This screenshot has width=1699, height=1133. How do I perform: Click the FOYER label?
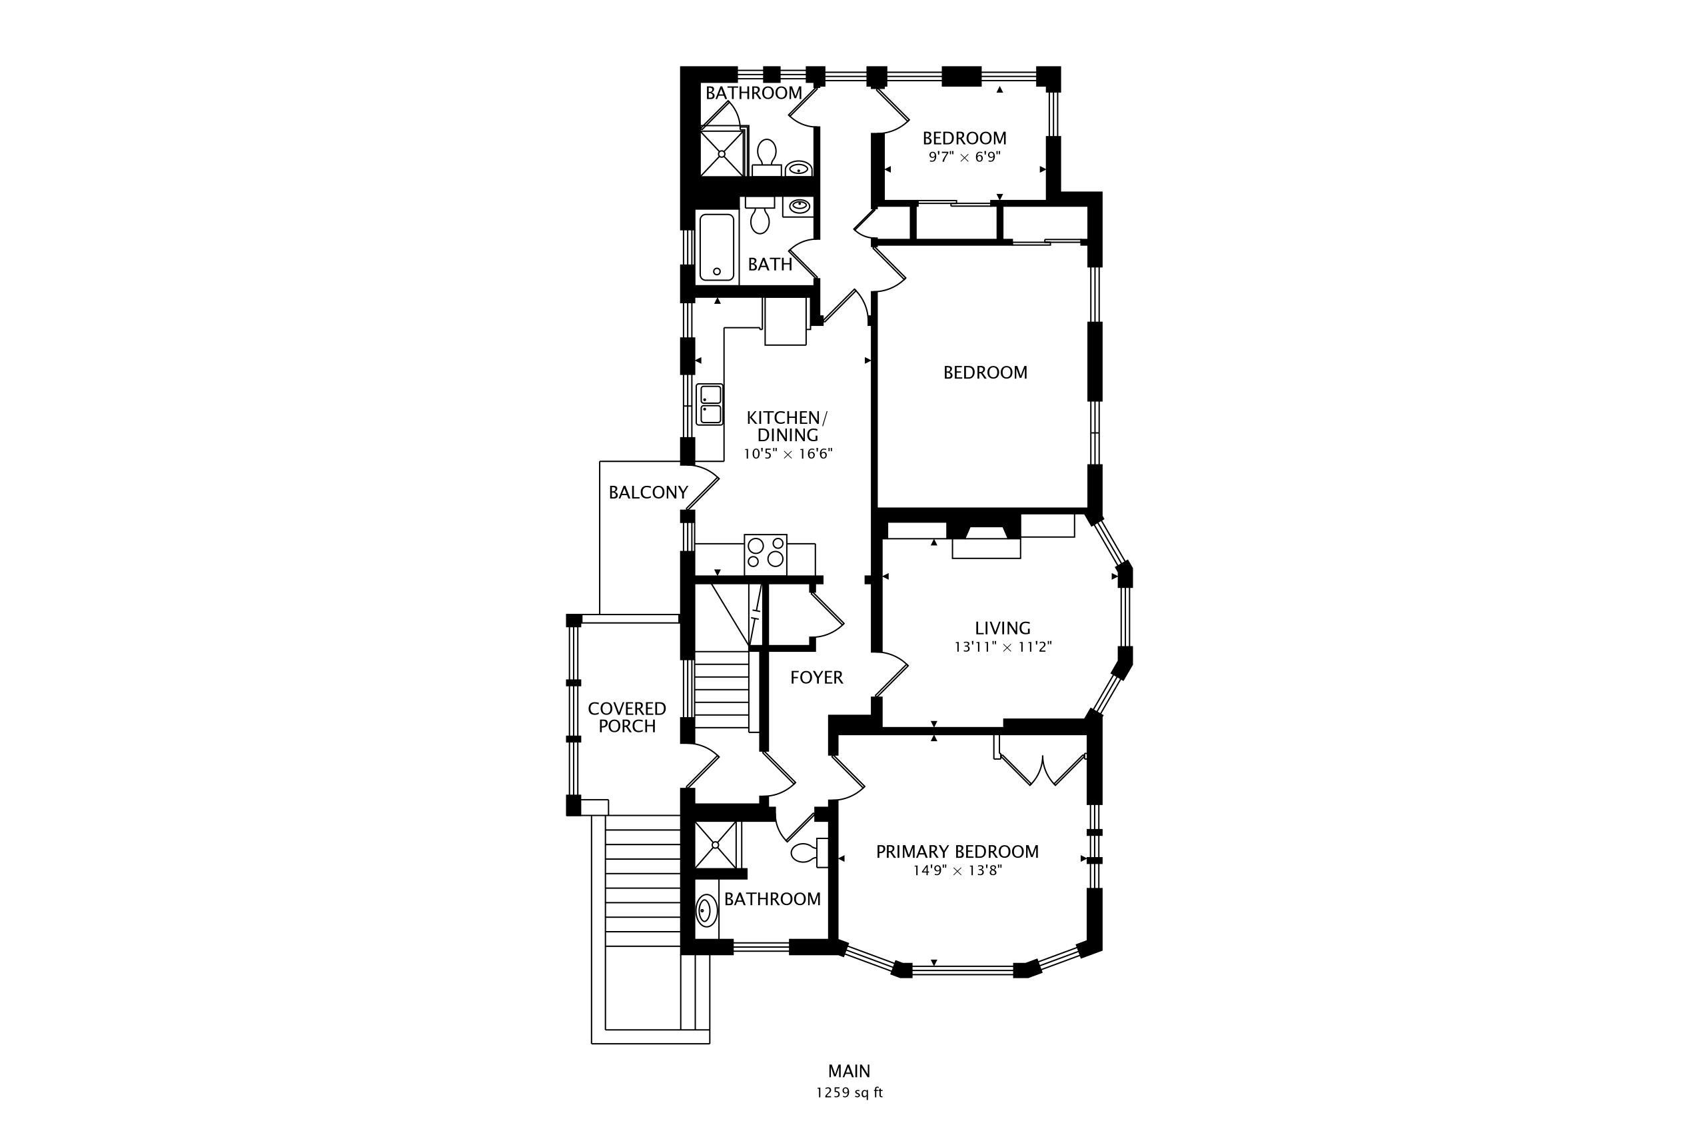[816, 677]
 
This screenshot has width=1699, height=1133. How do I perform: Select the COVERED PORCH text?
[626, 717]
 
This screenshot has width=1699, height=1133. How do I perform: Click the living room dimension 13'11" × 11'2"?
[1002, 646]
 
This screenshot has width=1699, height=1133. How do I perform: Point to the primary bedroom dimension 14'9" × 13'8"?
[957, 870]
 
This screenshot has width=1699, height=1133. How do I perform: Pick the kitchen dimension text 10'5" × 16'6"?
[788, 454]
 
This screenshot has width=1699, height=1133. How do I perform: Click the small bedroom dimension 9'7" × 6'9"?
[963, 156]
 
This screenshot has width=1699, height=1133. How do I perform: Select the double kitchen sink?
[710, 405]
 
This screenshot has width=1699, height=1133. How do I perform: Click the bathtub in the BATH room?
[717, 247]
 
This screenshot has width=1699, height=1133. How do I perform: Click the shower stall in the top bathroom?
[722, 152]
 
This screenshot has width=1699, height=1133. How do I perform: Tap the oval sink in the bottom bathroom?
[706, 910]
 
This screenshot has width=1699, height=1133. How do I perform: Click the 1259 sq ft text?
[849, 1092]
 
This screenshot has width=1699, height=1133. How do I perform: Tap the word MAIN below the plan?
[849, 1071]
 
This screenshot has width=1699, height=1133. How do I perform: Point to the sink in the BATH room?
[798, 207]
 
